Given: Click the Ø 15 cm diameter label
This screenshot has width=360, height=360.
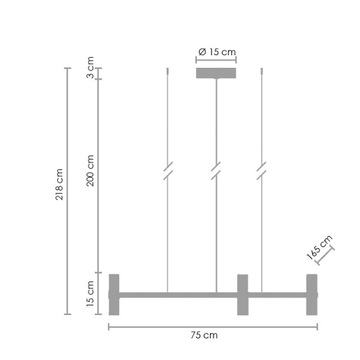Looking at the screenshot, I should [217, 52].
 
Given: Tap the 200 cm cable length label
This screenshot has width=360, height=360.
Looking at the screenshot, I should [91, 170].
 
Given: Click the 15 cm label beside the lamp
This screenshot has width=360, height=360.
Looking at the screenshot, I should [91, 294].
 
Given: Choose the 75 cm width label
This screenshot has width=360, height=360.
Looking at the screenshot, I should [208, 335].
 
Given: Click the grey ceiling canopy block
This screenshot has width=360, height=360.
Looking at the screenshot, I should [216, 73].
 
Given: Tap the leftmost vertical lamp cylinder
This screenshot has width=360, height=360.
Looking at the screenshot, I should [114, 295].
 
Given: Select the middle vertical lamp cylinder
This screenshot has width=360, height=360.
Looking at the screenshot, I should [242, 295].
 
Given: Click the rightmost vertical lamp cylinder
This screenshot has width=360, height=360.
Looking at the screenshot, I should [311, 295].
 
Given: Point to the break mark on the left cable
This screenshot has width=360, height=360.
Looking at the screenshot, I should [168, 171].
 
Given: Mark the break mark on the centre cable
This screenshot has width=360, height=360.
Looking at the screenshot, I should [216, 171].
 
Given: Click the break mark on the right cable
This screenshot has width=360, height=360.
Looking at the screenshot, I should [262, 171].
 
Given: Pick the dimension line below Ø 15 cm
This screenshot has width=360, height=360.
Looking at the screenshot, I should [216, 59].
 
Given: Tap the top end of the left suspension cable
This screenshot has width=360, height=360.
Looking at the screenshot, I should [167, 71].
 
